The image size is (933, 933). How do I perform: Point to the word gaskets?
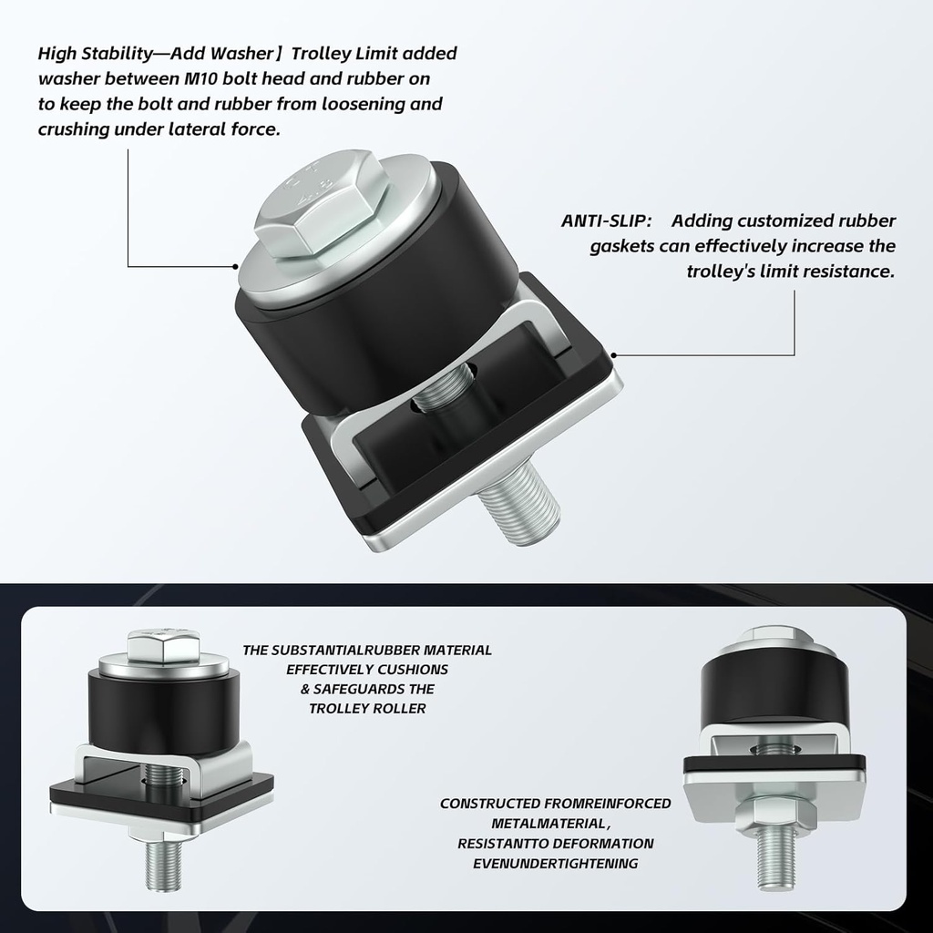click(621, 246)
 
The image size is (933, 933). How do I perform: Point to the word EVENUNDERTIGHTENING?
click(555, 863)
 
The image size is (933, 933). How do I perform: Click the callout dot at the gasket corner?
click(614, 354)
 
